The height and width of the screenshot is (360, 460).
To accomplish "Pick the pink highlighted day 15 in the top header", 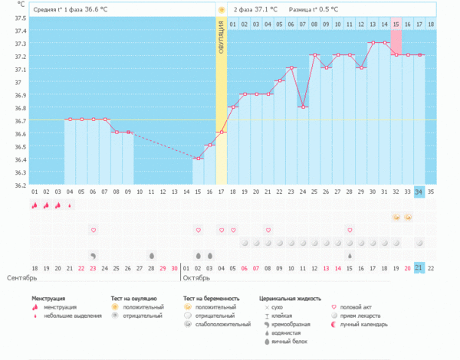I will pos(396,25).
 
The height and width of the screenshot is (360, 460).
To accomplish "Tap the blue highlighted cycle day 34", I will pos(419,191).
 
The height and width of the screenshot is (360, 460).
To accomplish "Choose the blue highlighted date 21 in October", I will pos(419,267).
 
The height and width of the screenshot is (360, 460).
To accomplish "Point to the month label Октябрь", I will pos(197,277).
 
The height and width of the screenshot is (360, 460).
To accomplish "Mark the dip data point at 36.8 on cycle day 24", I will pos(304,106).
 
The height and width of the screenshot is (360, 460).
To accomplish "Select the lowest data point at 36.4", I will pos(198,159).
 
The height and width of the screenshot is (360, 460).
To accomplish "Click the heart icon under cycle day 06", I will pos(94,230).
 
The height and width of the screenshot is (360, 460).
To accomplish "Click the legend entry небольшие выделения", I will pos(71,315).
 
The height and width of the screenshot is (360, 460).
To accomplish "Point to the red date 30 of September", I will pos(175,267).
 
